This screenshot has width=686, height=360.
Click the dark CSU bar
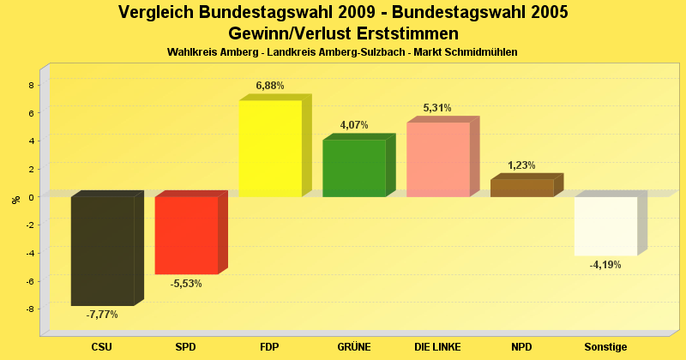pyautogui.click(x=102, y=250)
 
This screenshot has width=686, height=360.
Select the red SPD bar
pyautogui.click(x=186, y=235)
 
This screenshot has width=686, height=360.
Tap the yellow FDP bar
pyautogui.click(x=270, y=148)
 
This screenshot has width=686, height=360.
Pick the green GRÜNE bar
pyautogui.click(x=354, y=168)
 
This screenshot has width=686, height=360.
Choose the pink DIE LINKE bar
pyautogui.click(x=438, y=159)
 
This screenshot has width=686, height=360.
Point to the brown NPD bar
pyautogui.click(x=522, y=188)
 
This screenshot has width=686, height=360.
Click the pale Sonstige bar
pyautogui.click(x=605, y=225)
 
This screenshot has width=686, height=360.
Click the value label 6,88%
pyautogui.click(x=270, y=86)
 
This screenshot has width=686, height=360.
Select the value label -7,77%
pyautogui.click(x=102, y=315)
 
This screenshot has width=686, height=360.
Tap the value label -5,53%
pyautogui.click(x=186, y=284)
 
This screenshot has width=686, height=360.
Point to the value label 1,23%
pyautogui.click(x=521, y=165)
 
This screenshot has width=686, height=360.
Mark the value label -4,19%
pyautogui.click(x=605, y=265)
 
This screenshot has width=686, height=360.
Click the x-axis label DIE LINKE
pyautogui.click(x=437, y=347)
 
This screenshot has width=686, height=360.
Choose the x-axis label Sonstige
pyautogui.click(x=605, y=347)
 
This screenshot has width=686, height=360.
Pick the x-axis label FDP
pyautogui.click(x=269, y=347)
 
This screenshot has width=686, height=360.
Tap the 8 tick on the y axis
pyautogui.click(x=31, y=85)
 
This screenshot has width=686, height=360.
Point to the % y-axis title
pyautogui.click(x=15, y=200)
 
